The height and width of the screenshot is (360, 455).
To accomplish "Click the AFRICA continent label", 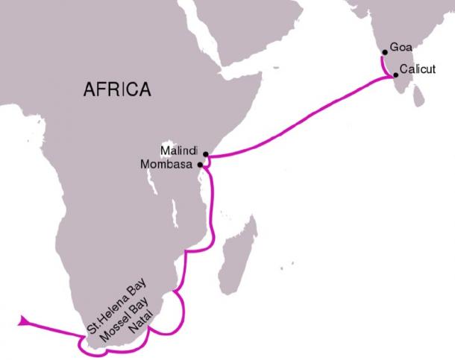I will click(117, 89).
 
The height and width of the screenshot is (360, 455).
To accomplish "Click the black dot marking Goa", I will click(384, 52).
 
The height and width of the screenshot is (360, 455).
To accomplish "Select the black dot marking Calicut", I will click(395, 75).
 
